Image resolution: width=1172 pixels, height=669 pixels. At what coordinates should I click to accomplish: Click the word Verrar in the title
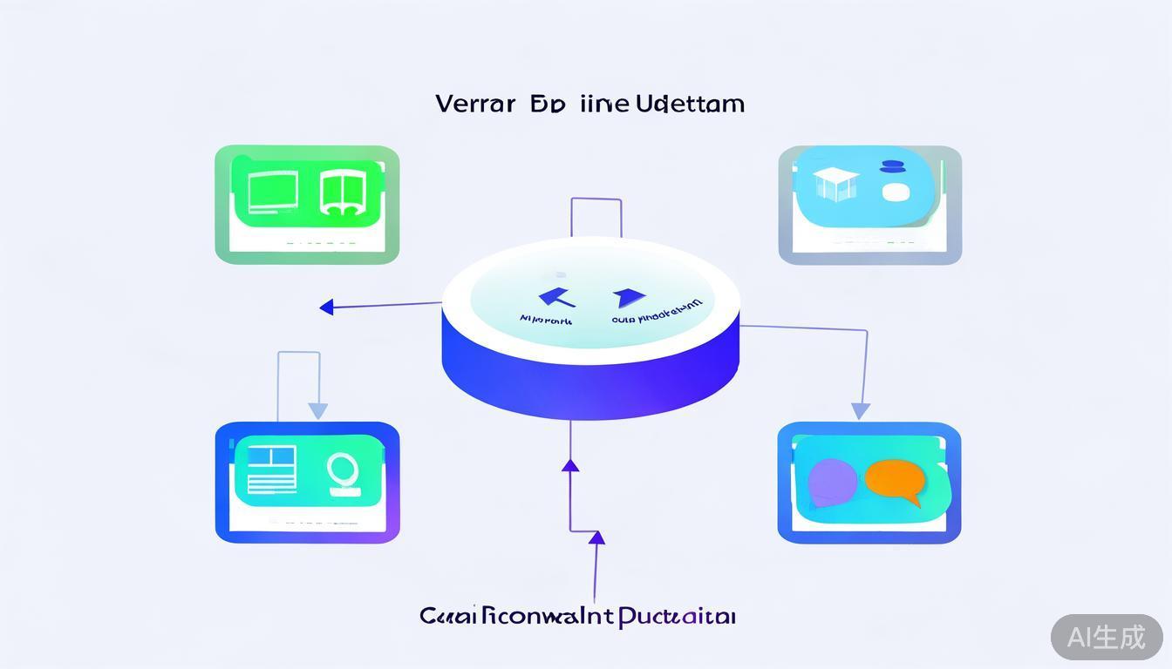tap(474, 104)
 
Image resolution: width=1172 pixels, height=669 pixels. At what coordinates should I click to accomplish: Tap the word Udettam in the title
tap(690, 104)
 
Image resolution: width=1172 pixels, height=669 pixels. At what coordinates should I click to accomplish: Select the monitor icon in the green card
tap(273, 192)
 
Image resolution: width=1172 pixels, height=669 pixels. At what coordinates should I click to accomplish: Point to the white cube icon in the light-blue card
tap(835, 184)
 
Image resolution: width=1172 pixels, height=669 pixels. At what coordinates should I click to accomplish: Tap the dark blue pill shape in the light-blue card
tap(895, 166)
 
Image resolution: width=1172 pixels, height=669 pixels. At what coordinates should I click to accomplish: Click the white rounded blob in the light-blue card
tap(896, 192)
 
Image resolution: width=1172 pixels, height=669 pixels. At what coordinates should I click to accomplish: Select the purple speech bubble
tap(833, 481)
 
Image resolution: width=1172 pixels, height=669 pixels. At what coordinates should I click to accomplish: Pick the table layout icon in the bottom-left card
tap(272, 469)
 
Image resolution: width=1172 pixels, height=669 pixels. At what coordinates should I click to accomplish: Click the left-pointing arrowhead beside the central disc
tap(327, 307)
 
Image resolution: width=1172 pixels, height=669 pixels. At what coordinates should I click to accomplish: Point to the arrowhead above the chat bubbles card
tap(861, 410)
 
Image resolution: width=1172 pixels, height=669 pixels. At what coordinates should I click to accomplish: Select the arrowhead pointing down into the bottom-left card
tap(318, 409)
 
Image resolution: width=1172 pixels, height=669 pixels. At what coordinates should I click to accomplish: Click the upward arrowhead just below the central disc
tap(570, 465)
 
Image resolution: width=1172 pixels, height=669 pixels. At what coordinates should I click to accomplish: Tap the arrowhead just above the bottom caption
tap(596, 538)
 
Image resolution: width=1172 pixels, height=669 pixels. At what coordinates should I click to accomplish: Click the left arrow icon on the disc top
tap(555, 298)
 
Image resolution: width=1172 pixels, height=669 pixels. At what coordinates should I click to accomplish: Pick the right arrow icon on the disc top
tap(628, 298)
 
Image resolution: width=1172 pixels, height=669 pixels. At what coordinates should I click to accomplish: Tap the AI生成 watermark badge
tap(1106, 637)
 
